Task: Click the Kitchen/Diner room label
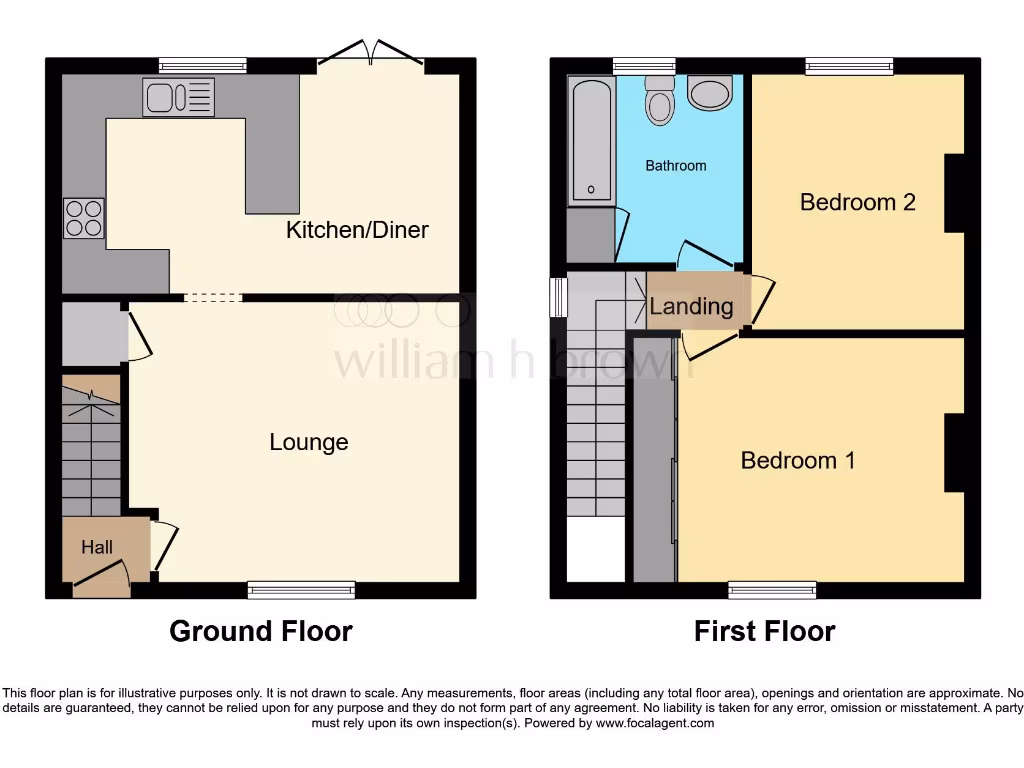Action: (357, 230)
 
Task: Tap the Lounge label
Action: (309, 442)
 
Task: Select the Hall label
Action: (97, 547)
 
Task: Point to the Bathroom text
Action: (676, 166)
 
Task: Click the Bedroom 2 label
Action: (858, 202)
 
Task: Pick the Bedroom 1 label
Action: (798, 460)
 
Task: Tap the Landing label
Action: (691, 307)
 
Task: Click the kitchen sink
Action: (178, 98)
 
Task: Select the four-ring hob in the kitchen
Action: (83, 218)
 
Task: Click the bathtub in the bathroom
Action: (590, 140)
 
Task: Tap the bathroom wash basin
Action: (711, 94)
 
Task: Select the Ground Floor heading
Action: (260, 631)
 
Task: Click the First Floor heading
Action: (765, 631)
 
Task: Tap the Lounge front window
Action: (301, 590)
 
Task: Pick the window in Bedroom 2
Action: (849, 66)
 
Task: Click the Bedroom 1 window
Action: (772, 590)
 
